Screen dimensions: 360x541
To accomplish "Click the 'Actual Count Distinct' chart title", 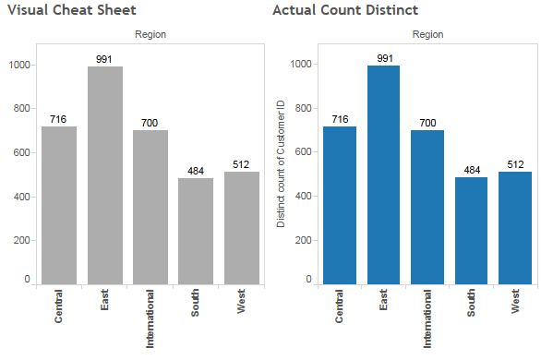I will [x=345, y=10].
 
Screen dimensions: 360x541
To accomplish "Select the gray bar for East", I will [x=104, y=175].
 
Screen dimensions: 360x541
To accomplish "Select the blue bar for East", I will [x=384, y=174].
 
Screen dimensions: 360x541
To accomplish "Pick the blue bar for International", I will [x=428, y=207].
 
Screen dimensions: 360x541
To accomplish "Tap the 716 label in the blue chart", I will [x=339, y=120].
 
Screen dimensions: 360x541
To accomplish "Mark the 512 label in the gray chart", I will [x=241, y=165].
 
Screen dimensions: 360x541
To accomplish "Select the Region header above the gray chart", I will [x=150, y=34].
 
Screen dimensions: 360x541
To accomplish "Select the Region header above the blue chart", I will [x=427, y=34].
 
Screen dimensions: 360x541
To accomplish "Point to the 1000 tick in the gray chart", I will [x=19, y=66].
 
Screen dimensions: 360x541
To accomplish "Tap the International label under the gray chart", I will [x=150, y=319].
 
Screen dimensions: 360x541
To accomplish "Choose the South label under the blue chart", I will [x=473, y=305].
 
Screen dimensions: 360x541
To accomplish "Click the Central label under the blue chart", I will [x=339, y=307].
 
